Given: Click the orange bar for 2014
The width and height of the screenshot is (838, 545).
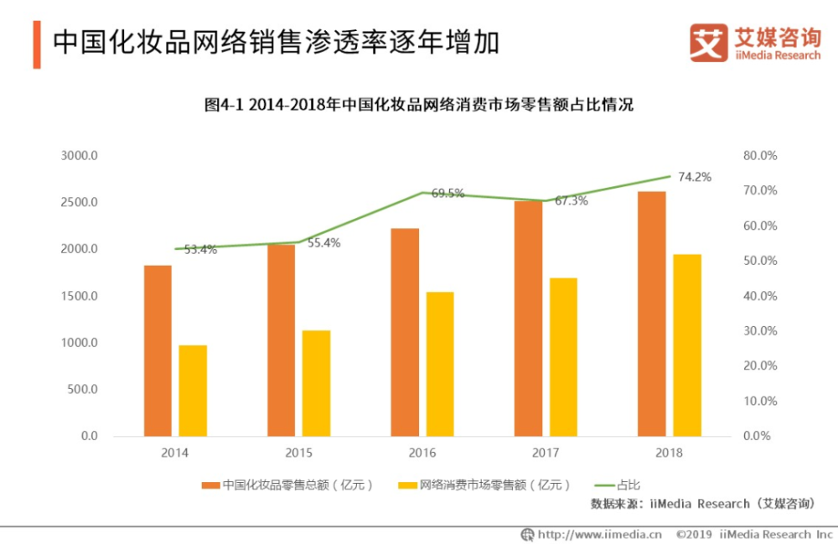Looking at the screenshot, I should (x=158, y=350).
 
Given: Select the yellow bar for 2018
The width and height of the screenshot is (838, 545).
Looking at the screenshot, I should (x=687, y=345).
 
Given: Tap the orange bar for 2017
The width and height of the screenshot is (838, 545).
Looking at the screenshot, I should (x=529, y=319).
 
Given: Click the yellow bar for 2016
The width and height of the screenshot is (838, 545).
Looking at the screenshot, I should (x=440, y=364).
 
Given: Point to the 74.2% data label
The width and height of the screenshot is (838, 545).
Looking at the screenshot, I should (x=695, y=177).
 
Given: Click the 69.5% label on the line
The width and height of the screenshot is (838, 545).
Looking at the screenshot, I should (x=448, y=193).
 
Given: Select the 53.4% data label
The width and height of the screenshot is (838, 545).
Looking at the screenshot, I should (x=201, y=249).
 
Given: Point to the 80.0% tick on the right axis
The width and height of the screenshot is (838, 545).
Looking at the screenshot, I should (x=760, y=156).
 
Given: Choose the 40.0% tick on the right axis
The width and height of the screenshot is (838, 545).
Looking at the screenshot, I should (x=760, y=296).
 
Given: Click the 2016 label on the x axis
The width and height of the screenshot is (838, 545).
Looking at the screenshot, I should (x=422, y=453).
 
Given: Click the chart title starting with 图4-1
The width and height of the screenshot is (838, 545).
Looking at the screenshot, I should (x=419, y=106).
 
